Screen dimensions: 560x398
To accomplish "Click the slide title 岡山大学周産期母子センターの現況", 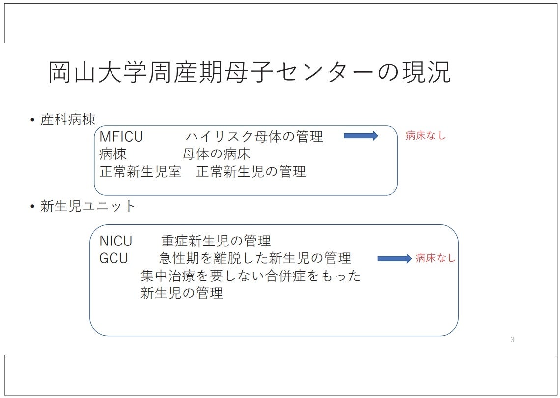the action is coord(249,73).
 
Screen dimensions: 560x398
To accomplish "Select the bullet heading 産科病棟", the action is coord(68,120).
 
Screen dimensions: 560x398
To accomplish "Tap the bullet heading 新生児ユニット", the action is coord(88,206).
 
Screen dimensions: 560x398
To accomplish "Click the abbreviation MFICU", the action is coord(121,136).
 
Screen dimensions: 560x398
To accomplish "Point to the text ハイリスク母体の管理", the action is coord(254,136).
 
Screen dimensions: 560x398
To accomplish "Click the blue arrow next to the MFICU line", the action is coord(361,136).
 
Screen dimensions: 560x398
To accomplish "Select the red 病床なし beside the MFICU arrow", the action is coord(425,136).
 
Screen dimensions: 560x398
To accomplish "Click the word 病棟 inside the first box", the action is coord(112,154).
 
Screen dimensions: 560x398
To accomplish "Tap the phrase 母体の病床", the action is coord(216,154).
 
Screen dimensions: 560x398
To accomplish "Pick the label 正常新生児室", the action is coord(140,172).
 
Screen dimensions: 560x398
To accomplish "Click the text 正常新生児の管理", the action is coord(251,172).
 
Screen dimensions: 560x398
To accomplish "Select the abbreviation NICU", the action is coord(116,241).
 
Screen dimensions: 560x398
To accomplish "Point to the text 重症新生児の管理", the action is coord(216,241).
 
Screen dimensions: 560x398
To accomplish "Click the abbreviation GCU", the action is coord(113,258).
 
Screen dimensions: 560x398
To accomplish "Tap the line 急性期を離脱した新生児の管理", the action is coord(255,258).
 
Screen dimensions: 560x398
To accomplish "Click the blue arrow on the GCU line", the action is coord(394,259).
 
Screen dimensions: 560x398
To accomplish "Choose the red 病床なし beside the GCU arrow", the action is coord(435,258).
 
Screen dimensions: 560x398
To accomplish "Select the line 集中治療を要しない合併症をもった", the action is coord(251,276).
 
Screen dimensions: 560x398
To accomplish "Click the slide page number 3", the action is coord(512,340).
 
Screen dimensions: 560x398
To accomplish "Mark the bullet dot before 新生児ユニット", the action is coord(32,207).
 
